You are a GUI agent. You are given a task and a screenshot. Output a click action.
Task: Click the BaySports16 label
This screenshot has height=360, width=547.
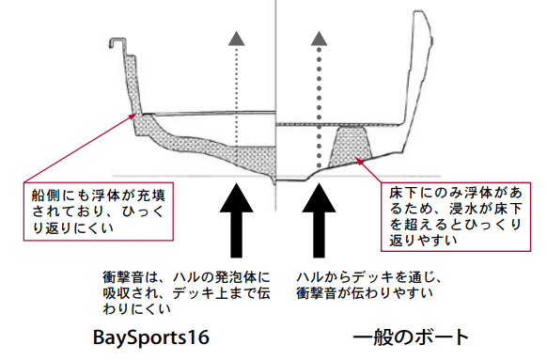(x=149, y=336)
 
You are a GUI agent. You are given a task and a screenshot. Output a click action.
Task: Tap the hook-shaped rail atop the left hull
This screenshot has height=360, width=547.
(x=117, y=43)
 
